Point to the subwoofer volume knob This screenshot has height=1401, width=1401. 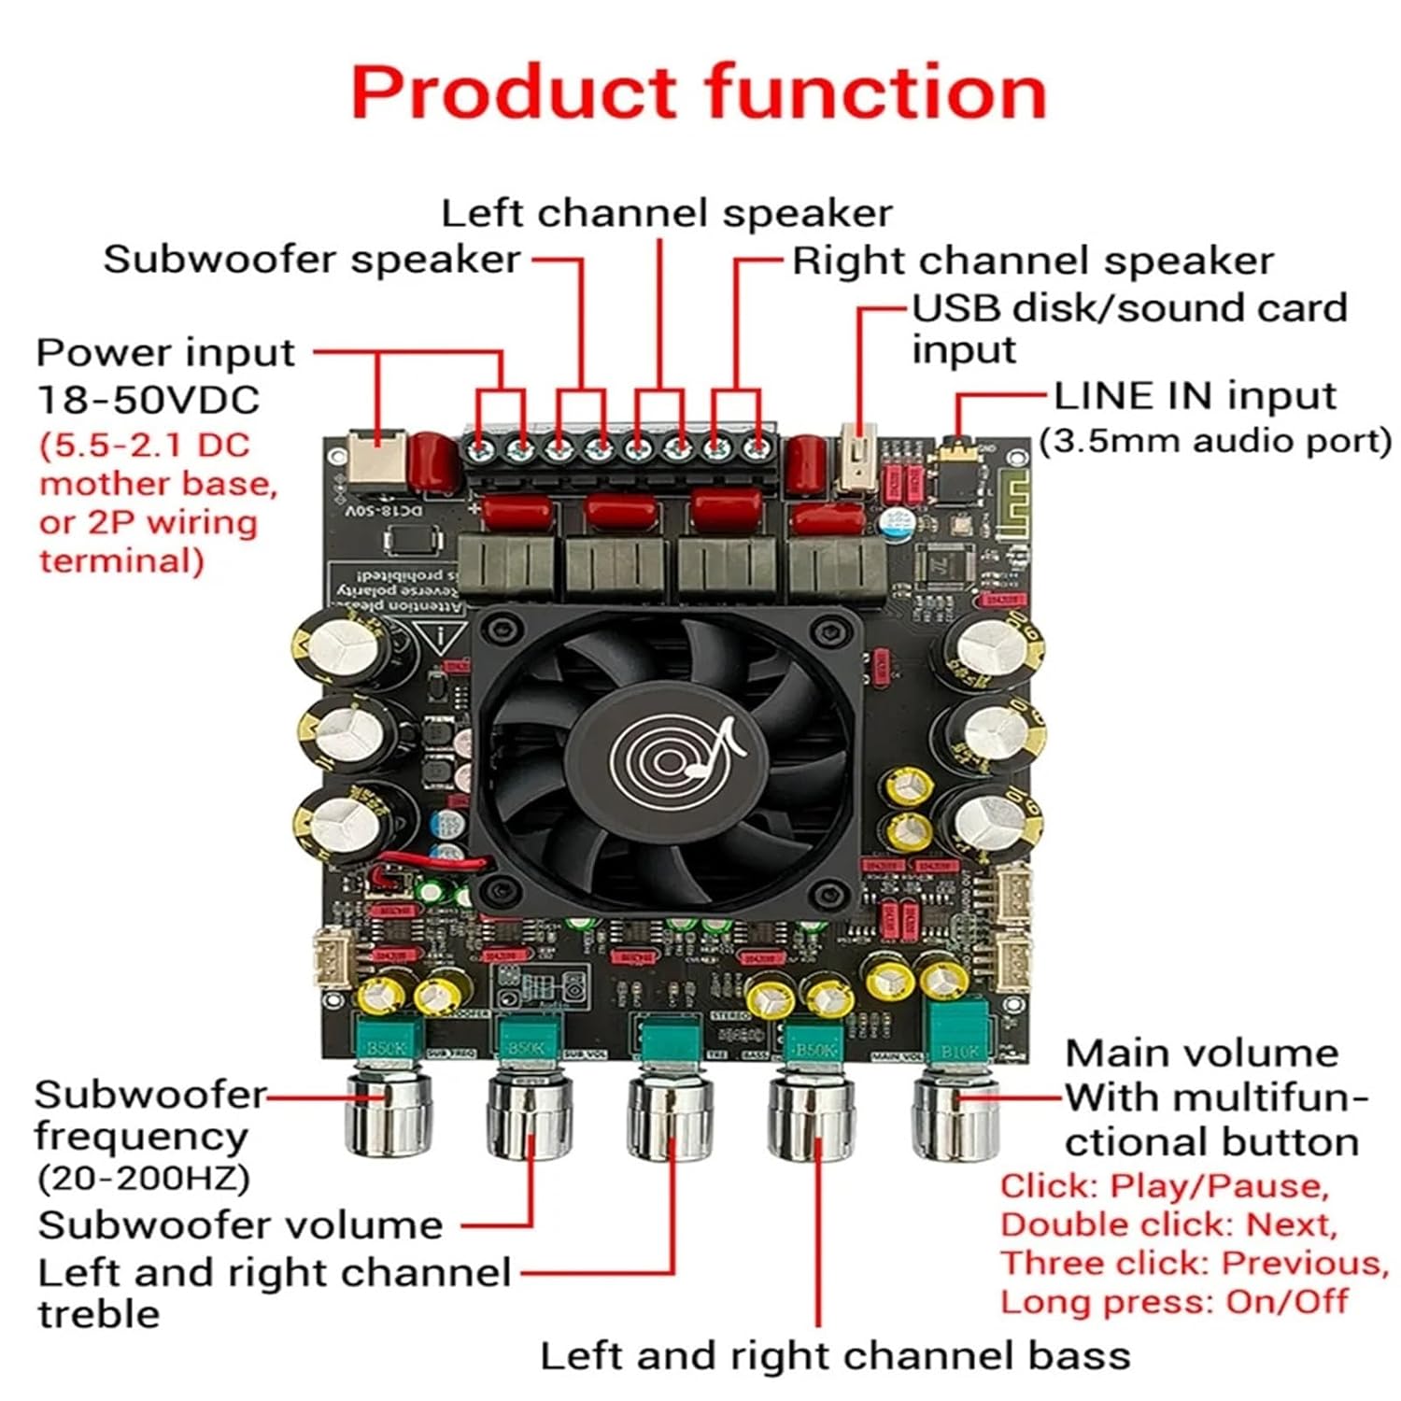click(x=530, y=1116)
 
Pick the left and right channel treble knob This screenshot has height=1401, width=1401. click(x=672, y=1117)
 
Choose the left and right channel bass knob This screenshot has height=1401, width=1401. click(x=812, y=1117)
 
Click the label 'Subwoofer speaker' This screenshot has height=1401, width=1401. click(x=312, y=260)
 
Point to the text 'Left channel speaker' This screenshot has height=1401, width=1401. click(x=666, y=213)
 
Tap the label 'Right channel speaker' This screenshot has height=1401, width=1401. click(x=1032, y=261)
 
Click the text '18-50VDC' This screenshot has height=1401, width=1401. click(x=148, y=400)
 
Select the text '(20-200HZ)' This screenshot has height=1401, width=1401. click(x=143, y=1179)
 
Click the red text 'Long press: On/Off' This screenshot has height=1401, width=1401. click(x=1174, y=1301)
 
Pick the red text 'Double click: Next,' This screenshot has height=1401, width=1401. click(x=1168, y=1224)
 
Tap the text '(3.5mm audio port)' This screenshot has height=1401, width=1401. click(x=1215, y=441)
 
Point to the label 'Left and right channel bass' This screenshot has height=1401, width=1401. click(x=835, y=1355)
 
